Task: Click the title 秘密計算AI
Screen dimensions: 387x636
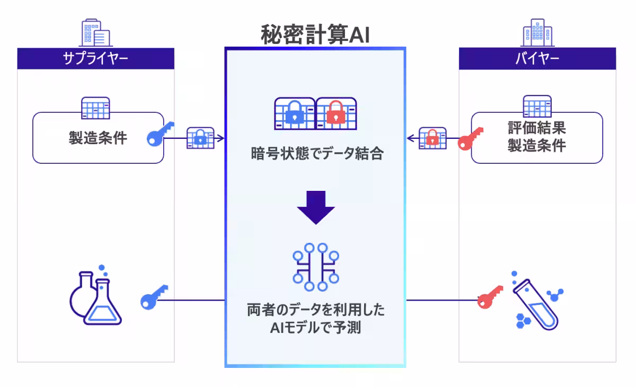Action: [x=315, y=35]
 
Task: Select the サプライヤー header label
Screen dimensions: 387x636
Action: [x=95, y=58]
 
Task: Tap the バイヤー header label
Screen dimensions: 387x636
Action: [x=537, y=58]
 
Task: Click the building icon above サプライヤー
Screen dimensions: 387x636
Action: [x=95, y=33]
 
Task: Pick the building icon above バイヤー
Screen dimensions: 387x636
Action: [x=537, y=33]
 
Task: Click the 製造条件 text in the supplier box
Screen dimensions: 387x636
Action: [x=98, y=138]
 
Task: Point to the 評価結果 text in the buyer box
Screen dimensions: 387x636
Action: [x=536, y=129]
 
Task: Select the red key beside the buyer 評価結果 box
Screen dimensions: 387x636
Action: [x=471, y=139]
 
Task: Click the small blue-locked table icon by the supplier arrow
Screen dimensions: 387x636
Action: [x=200, y=138]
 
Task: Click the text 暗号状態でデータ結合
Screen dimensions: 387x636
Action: [x=316, y=154]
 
